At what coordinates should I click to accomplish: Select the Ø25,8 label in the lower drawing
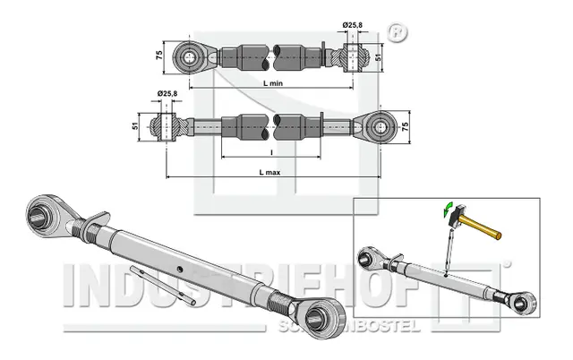(x=167, y=94)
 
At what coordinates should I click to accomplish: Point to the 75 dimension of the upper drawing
(x=159, y=54)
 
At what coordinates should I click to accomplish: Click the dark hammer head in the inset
(x=455, y=216)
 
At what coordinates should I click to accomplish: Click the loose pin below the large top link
(x=162, y=283)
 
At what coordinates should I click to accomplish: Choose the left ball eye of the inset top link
(x=367, y=260)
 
